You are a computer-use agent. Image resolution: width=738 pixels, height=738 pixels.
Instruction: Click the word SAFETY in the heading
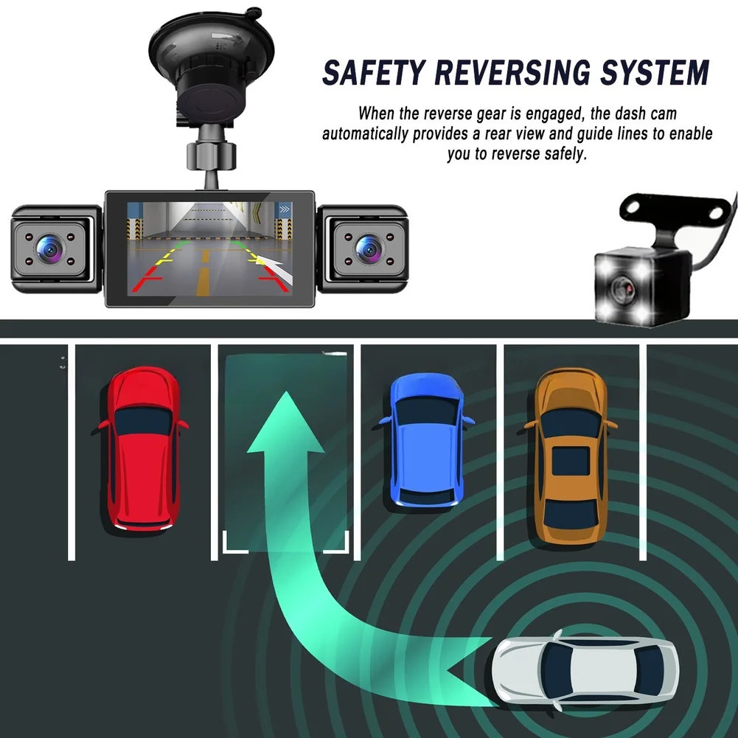375,73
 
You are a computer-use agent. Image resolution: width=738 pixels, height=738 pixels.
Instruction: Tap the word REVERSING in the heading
512,73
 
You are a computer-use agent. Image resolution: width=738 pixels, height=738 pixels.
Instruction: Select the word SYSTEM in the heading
655,73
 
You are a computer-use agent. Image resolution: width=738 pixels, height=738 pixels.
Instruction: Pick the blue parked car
427,441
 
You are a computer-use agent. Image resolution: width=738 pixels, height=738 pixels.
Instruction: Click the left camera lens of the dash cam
49,248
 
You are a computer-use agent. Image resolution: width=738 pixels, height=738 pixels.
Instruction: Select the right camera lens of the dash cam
369,248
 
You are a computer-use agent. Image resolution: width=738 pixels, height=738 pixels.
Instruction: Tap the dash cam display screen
210,249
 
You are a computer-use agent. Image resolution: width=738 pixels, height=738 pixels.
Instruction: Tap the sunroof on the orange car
571,461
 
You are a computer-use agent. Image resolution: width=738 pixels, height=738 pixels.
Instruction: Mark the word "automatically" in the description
365,134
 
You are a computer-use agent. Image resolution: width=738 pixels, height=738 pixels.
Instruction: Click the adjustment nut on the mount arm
210,154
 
